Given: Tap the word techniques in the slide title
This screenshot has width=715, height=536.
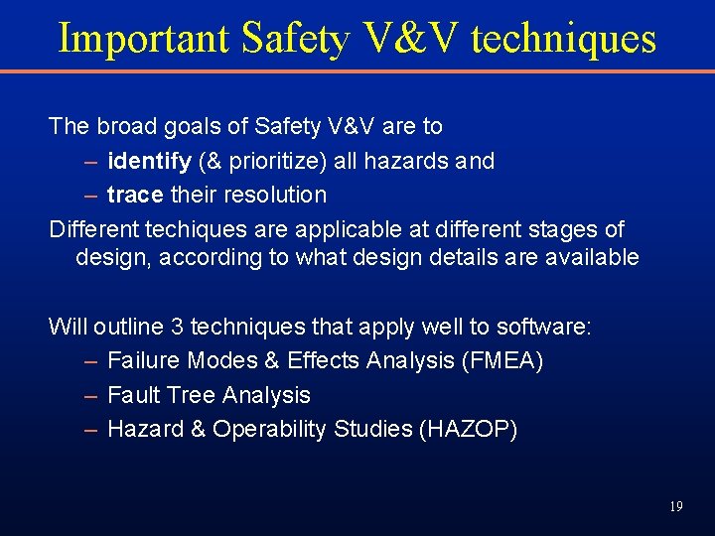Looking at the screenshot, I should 563,39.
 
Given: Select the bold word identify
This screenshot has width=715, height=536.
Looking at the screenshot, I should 149,161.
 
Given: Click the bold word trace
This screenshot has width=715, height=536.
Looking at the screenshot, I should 135,195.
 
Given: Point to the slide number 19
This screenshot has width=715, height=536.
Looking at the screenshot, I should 675,506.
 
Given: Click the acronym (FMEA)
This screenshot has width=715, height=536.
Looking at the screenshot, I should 502,361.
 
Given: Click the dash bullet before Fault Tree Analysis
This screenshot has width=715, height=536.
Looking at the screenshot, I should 90,395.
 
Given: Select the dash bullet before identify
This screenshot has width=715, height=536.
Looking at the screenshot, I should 90,161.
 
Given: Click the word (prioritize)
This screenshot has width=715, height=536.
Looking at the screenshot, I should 257,161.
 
